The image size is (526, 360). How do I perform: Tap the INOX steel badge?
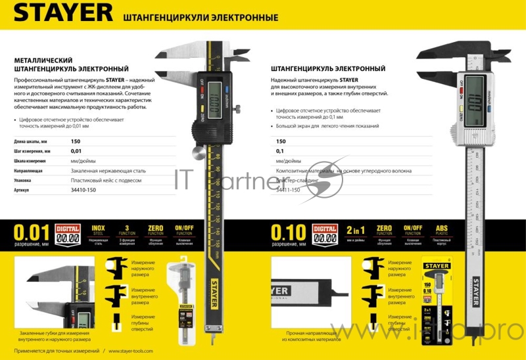(98, 234)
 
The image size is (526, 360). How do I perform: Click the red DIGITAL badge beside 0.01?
(67, 234)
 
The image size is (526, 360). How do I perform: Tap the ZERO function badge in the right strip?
(384, 234)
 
